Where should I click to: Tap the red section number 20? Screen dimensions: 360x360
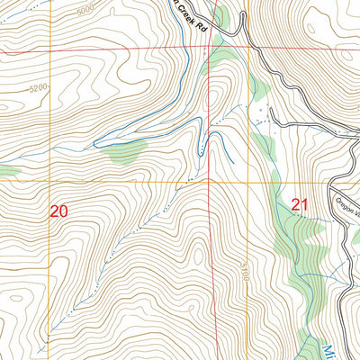[x=58, y=211]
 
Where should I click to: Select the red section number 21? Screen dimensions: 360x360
[x=300, y=206]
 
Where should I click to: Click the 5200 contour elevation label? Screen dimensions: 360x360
[x=37, y=89]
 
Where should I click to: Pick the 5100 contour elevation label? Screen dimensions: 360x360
[x=243, y=269]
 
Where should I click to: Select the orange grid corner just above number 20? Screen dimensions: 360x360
[x=50, y=181]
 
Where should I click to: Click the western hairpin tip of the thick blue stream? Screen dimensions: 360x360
[x=96, y=143]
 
